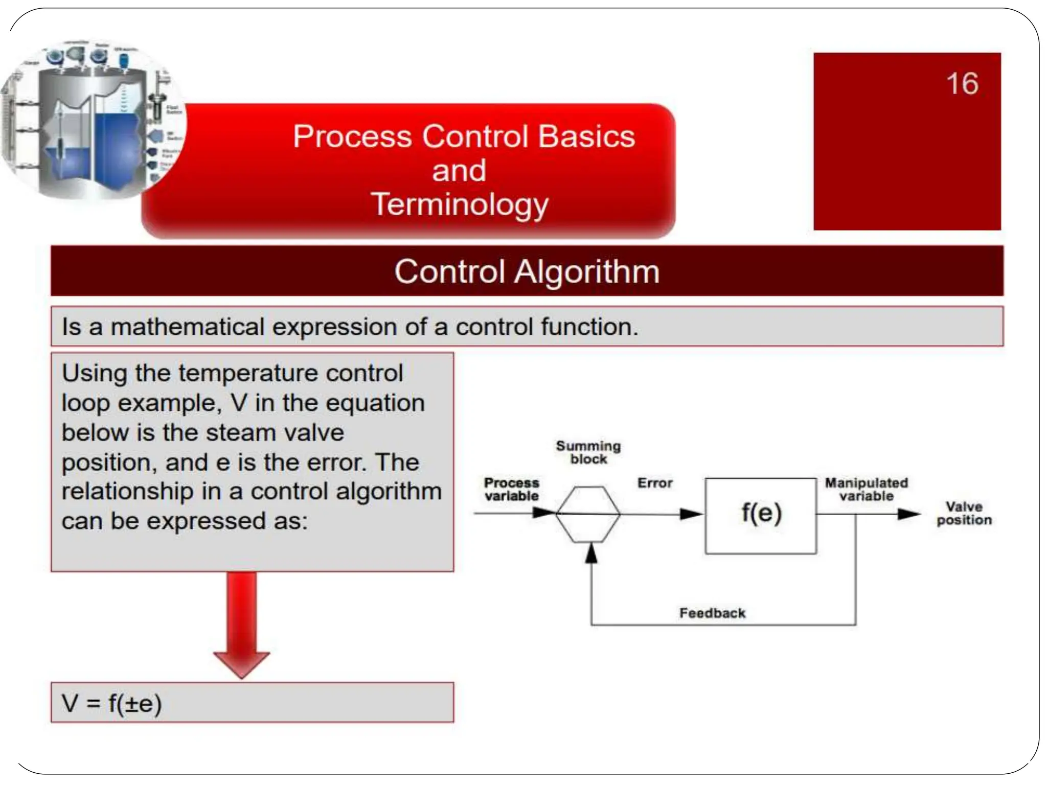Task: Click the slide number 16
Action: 962,83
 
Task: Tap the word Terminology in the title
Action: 459,204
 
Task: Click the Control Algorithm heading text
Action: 527,271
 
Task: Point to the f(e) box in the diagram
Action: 761,515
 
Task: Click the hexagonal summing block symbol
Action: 587,514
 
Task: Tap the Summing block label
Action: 588,452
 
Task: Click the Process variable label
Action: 511,489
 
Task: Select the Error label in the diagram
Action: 654,483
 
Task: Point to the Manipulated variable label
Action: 866,489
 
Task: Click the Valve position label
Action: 964,513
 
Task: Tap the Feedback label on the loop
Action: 712,613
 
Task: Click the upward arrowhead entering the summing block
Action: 591,553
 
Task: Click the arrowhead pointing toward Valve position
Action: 908,514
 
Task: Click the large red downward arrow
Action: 241,624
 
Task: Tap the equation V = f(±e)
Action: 112,703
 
